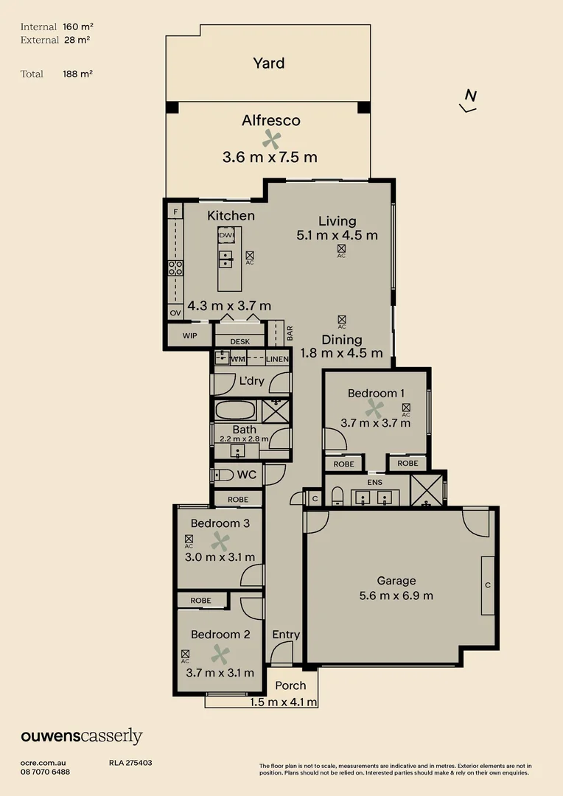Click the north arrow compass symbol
[469, 101]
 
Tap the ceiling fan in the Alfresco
[272, 139]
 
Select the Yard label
[268, 63]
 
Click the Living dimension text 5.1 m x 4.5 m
[337, 236]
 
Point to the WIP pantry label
[190, 336]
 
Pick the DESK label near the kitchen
[240, 342]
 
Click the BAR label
[290, 332]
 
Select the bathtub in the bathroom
[235, 410]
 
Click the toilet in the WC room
[223, 475]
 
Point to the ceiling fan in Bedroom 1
[375, 408]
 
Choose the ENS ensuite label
[376, 482]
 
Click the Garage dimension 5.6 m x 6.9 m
[396, 596]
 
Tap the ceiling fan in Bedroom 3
[220, 542]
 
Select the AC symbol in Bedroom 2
[185, 654]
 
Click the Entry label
[286, 635]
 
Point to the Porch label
[290, 685]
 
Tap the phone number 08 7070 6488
[46, 772]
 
